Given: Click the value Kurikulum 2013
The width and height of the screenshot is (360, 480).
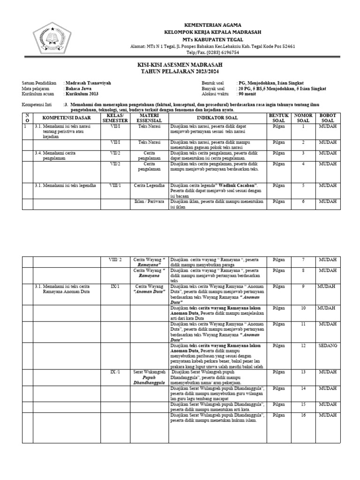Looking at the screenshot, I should tap(82, 94).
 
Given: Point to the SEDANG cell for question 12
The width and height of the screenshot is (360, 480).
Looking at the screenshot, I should tap(328, 345).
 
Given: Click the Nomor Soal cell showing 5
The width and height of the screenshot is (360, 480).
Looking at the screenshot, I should tap(303, 186).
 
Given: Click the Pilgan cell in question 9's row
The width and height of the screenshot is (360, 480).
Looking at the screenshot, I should tap(278, 286).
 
